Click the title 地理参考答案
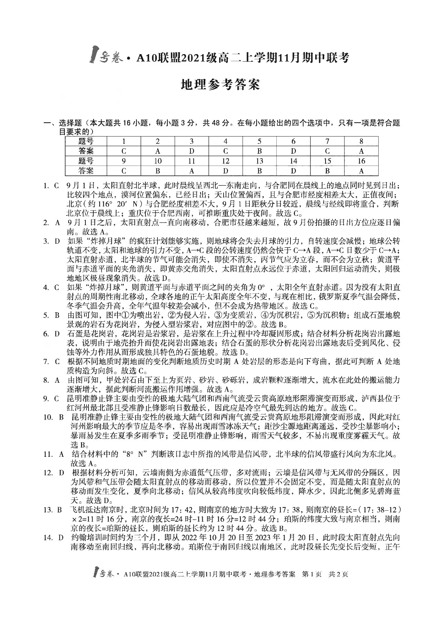pos(220,84)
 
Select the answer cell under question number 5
pos(259,151)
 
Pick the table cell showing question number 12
pos(226,161)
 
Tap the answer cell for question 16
pos(361,171)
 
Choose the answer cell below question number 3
pos(192,151)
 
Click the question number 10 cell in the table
pos(158,161)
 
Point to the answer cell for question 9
pos(124,171)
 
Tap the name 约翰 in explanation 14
pos(79,537)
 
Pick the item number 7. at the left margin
pos(46,362)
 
